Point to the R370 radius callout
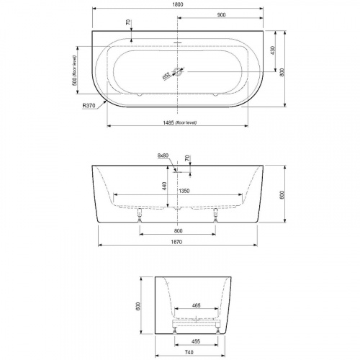coord(89,106)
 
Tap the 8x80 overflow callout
coord(163,156)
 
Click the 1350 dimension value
coord(184,192)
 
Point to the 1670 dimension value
coord(179,241)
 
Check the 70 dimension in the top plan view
coord(128,23)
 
